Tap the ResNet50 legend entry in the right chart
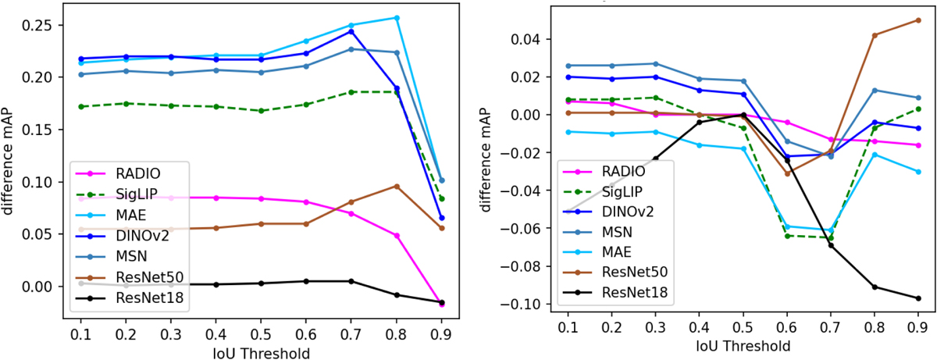[632, 272]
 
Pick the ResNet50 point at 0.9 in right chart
[917, 20]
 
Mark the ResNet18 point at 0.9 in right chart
[917, 298]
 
